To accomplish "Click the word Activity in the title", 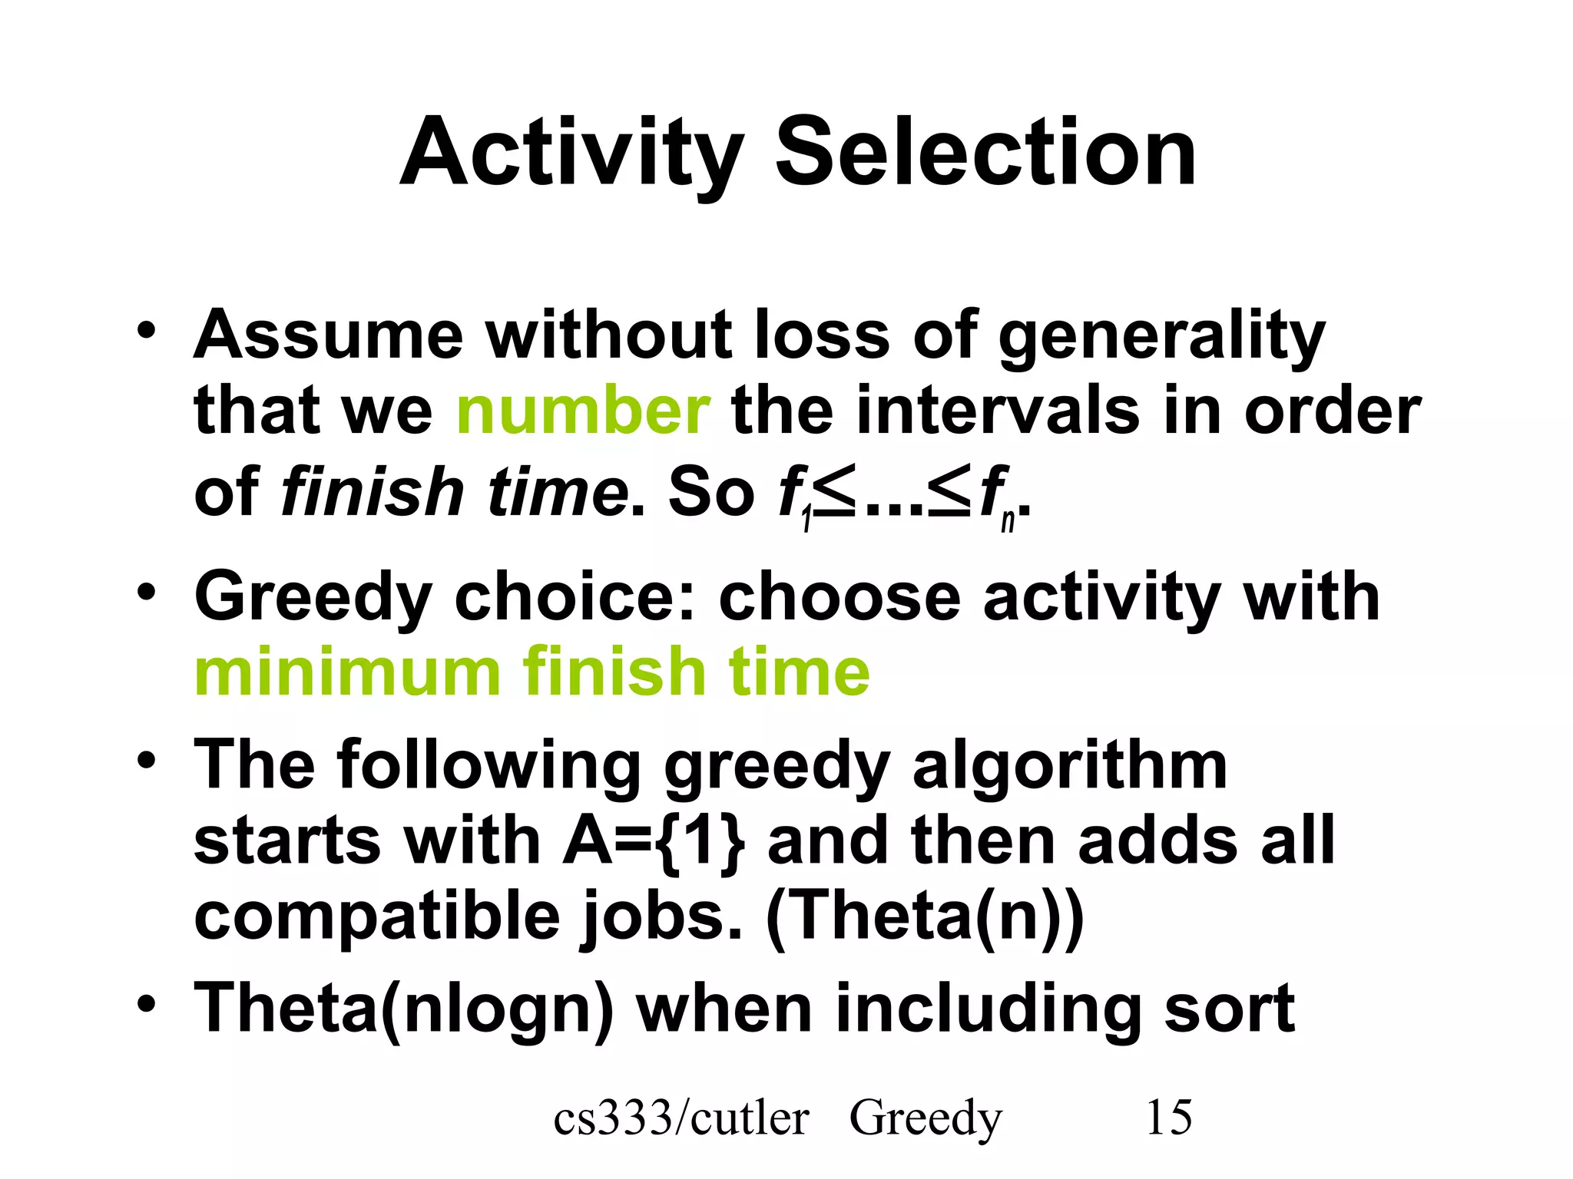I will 571,154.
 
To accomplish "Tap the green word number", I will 583,412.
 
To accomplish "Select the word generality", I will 1161,336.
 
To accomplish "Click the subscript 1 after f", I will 806,520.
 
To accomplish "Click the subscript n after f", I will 1008,520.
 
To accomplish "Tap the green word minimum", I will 347,673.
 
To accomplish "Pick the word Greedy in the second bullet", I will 313,599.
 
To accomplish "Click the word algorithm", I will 1069,765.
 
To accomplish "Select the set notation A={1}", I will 653,842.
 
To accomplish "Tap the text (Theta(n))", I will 925,917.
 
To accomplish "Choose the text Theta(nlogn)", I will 404,1009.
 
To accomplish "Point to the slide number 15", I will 1168,1118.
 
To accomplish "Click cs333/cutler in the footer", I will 681,1118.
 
